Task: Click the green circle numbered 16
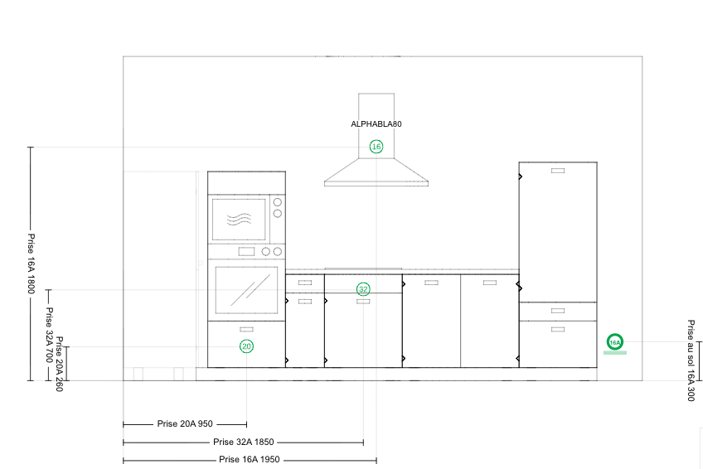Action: (x=376, y=147)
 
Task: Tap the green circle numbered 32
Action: (x=363, y=289)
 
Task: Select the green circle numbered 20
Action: (x=246, y=346)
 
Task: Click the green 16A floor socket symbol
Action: (x=614, y=341)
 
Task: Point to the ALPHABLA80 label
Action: (x=376, y=123)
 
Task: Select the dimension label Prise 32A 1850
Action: (x=243, y=442)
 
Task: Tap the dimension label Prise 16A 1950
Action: (x=249, y=460)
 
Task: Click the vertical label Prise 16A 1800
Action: (x=32, y=263)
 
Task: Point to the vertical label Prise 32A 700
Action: (x=48, y=335)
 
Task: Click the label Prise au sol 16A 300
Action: (x=691, y=360)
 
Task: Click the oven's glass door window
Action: (x=245, y=290)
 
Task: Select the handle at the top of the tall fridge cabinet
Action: (x=558, y=171)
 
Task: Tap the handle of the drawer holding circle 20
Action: (x=246, y=330)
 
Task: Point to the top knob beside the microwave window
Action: (x=278, y=202)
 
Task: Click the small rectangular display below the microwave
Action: (x=246, y=252)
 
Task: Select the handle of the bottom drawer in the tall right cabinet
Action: (x=558, y=329)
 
